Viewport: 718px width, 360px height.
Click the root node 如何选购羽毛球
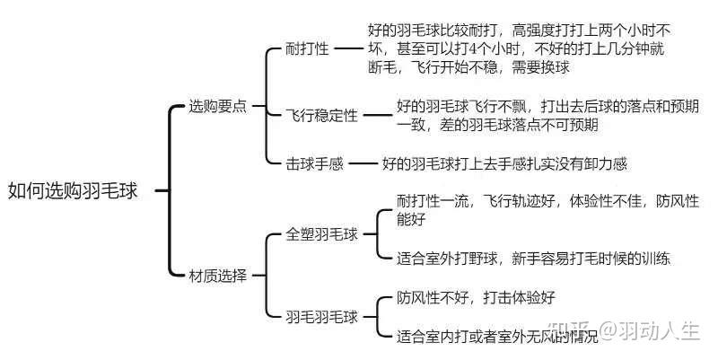pyautogui.click(x=74, y=190)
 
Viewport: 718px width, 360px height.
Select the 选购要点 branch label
pyautogui.click(x=217, y=106)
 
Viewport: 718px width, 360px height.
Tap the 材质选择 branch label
pyautogui.click(x=217, y=274)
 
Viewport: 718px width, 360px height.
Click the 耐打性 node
pyautogui.click(x=308, y=48)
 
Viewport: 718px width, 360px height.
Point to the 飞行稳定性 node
pyautogui.click(x=322, y=116)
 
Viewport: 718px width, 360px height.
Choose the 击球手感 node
pyautogui.click(x=315, y=164)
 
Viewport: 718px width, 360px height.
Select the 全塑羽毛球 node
pyautogui.click(x=322, y=234)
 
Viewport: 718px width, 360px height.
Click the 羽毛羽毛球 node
pyautogui.click(x=322, y=316)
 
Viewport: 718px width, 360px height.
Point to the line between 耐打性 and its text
pyautogui.click(x=346, y=48)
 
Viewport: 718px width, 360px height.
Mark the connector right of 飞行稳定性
pyautogui.click(x=376, y=116)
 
